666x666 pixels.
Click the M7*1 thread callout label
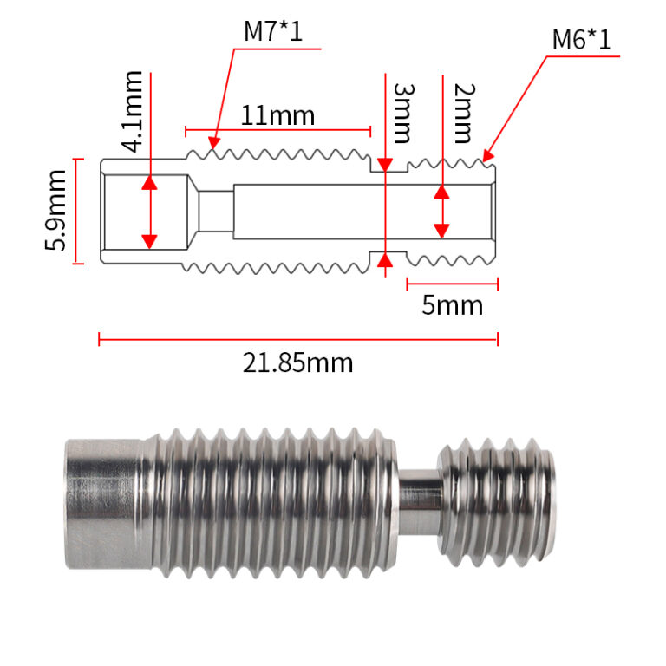(273, 31)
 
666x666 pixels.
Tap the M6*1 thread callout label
(582, 40)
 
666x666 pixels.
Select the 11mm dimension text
(277, 115)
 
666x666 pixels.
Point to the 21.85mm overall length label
(297, 363)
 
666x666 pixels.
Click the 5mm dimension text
(453, 305)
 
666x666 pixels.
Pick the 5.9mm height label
(55, 210)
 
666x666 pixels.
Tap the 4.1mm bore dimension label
(132, 112)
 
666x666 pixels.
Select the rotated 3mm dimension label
(402, 113)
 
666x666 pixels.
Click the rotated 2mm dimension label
(463, 113)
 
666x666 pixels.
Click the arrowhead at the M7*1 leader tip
(213, 143)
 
